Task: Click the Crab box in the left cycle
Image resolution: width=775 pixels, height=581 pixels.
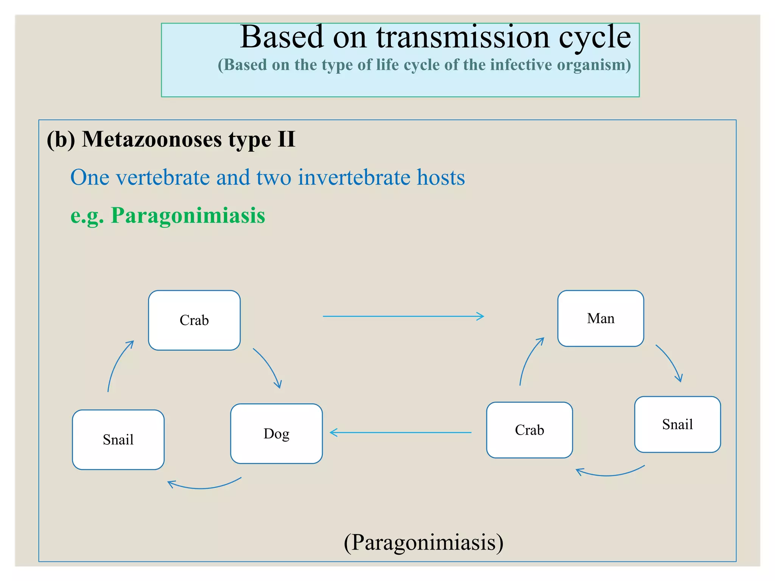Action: point(194,320)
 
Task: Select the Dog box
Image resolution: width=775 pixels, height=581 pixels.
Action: point(276,433)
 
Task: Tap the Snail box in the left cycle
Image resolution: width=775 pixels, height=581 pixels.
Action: point(118,440)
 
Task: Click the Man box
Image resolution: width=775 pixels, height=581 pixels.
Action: point(601,318)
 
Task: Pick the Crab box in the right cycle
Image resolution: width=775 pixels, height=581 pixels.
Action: point(529,430)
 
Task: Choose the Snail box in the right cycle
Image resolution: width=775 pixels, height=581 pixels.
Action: point(677,424)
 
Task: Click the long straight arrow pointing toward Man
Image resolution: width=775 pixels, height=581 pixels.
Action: point(403,316)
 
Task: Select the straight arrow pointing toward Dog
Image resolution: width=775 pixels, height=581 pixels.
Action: point(400,432)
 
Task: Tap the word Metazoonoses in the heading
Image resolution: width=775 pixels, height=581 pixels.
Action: point(152,139)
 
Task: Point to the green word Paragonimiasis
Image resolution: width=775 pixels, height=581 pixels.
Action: point(188,215)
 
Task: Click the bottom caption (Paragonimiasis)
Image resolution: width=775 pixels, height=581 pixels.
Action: point(423,542)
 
